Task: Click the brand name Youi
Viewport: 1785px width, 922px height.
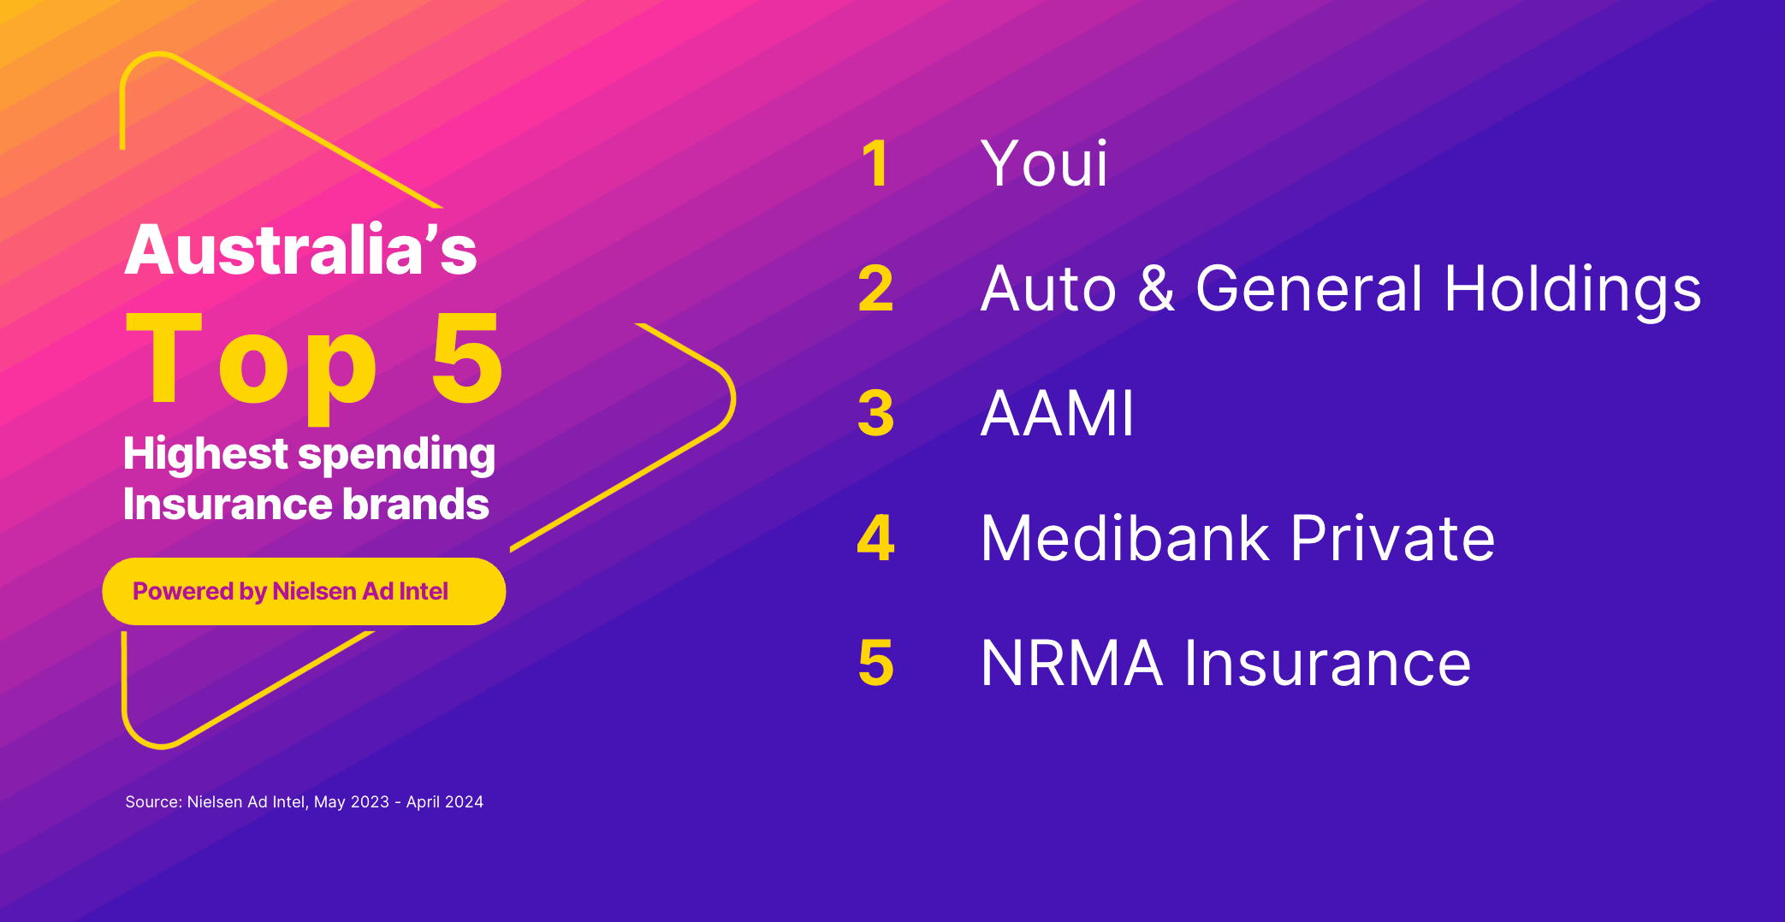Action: point(1044,163)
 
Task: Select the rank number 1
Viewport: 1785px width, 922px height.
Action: point(875,163)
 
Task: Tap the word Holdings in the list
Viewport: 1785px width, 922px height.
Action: point(1572,290)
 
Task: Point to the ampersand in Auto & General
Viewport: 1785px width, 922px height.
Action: point(1156,288)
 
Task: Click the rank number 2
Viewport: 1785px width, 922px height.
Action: point(875,288)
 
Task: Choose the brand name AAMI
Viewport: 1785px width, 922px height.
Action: point(1057,414)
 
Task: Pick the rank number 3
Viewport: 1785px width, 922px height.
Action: point(875,414)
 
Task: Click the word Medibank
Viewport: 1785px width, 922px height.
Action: point(1125,539)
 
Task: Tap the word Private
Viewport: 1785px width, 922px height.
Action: point(1392,539)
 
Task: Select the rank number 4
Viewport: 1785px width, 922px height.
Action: point(875,539)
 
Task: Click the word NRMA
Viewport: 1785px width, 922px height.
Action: point(1071,664)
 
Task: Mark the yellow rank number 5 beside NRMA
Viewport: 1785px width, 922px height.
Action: point(875,664)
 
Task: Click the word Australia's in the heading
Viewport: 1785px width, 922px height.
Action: point(300,250)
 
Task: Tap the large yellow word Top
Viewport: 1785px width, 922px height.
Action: point(252,361)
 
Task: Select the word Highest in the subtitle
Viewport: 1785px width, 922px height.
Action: point(205,454)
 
